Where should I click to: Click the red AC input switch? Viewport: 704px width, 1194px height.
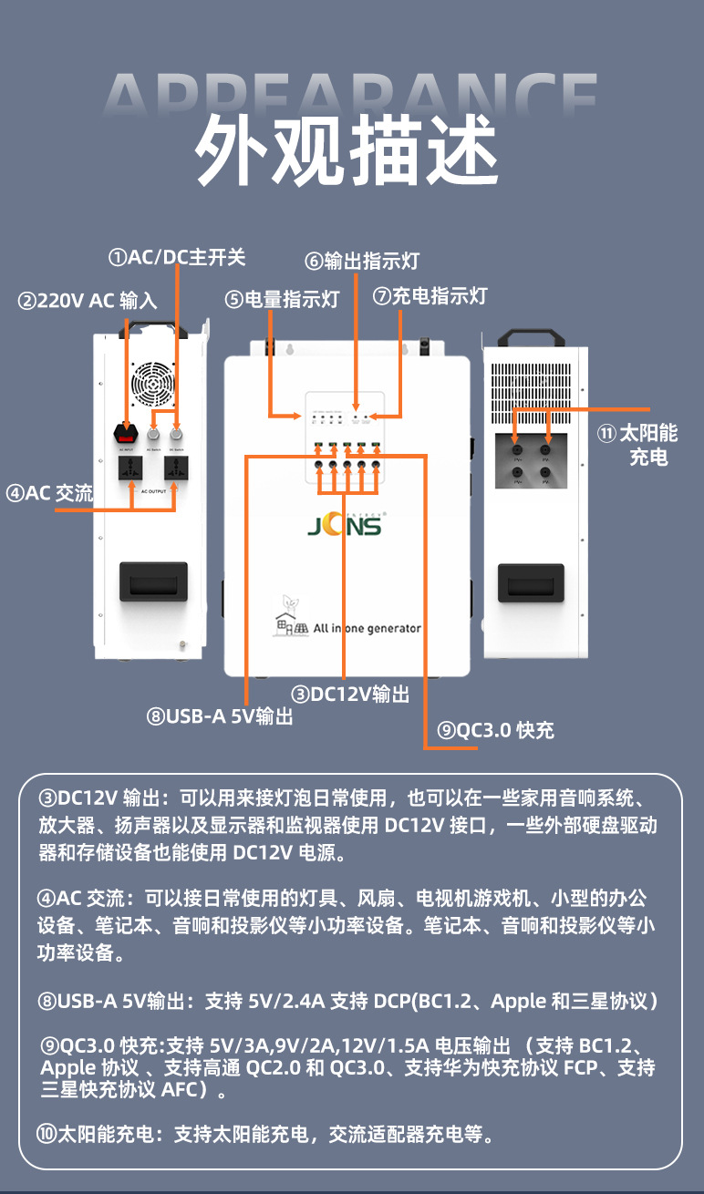pyautogui.click(x=126, y=435)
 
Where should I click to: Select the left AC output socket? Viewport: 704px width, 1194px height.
pyautogui.click(x=126, y=469)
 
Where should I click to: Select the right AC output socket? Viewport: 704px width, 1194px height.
pyautogui.click(x=176, y=469)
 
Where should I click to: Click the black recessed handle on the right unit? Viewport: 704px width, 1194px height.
pyautogui.click(x=530, y=582)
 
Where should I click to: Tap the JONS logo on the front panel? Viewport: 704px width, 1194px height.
pyautogui.click(x=345, y=527)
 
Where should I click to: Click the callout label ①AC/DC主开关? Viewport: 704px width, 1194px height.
pyautogui.click(x=177, y=257)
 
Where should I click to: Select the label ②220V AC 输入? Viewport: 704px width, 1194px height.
pyautogui.click(x=88, y=301)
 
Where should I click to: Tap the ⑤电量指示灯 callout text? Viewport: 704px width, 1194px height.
pyautogui.click(x=282, y=299)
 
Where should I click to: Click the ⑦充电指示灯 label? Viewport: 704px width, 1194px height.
pyautogui.click(x=430, y=296)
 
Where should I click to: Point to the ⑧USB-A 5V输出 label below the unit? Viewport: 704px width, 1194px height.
pyautogui.click(x=220, y=716)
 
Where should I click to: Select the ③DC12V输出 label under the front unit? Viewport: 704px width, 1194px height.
pyautogui.click(x=349, y=695)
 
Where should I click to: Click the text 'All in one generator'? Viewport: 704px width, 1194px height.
pyautogui.click(x=367, y=628)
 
